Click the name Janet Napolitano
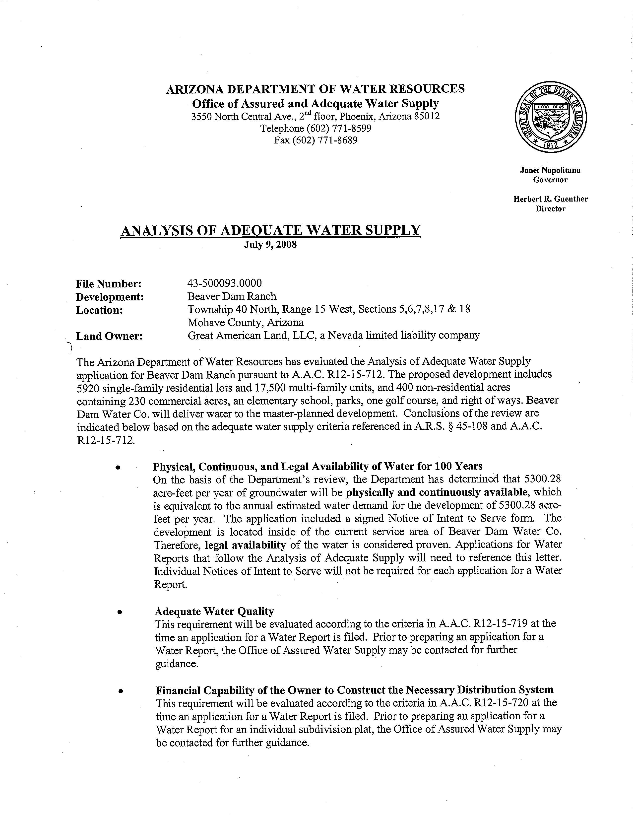point(550,170)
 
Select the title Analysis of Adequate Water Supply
point(270,230)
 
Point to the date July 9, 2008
point(270,245)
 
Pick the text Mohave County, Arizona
point(246,323)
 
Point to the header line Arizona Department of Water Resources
point(315,89)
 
